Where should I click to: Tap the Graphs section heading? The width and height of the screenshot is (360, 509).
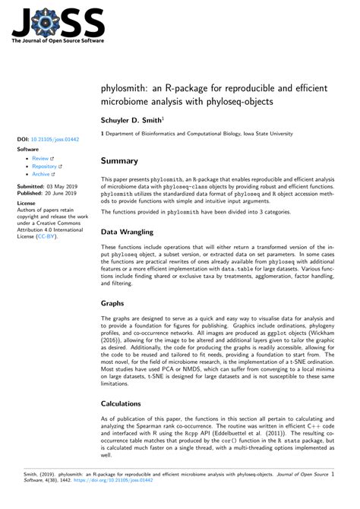112,302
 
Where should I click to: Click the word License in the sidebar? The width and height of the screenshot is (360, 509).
26,204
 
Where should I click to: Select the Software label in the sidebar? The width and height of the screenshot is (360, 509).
27,150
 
